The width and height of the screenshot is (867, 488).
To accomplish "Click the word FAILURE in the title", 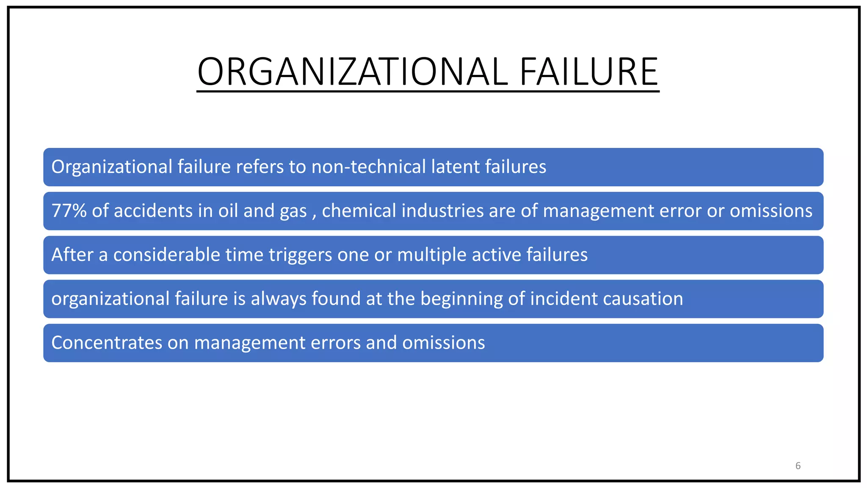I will pyautogui.click(x=588, y=72).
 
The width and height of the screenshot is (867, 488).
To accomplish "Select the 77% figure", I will pyautogui.click(x=69, y=211).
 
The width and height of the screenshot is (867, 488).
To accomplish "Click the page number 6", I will pyautogui.click(x=798, y=466).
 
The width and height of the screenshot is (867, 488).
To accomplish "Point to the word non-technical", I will pyautogui.click(x=368, y=166).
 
